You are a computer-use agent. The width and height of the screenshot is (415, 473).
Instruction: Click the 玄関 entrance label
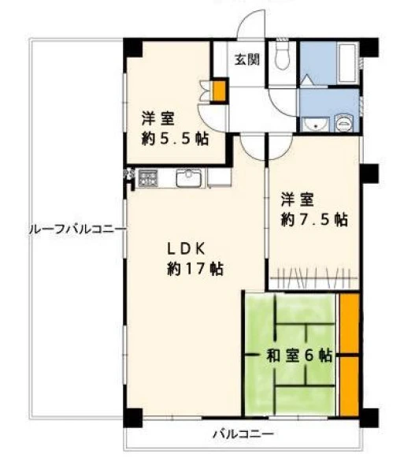coord(247,59)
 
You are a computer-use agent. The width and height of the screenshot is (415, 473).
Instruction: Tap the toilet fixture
coord(282,54)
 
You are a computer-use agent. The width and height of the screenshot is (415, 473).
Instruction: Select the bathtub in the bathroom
coord(347,63)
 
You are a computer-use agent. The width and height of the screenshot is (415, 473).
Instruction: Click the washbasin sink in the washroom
coord(315,124)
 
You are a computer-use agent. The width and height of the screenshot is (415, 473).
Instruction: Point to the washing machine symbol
coord(343,123)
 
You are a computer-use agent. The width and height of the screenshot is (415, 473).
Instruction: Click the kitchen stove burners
coord(148,178)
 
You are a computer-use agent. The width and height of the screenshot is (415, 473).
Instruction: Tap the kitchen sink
coord(189,178)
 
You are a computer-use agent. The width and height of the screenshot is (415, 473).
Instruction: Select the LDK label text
coord(187,249)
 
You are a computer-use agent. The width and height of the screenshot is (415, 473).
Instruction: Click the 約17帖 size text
coord(195,269)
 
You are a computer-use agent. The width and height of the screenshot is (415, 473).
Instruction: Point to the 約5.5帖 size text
coord(175,139)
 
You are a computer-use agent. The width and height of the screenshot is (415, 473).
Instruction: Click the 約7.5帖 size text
coord(314,220)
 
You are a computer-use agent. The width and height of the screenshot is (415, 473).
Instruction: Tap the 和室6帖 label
coord(299,356)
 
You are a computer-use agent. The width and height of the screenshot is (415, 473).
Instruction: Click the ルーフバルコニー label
coord(77,230)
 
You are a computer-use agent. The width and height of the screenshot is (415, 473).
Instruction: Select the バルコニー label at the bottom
coord(243,434)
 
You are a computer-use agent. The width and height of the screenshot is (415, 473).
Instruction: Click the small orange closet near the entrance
coord(219,91)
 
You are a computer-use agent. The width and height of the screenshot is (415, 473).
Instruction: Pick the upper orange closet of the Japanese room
coord(350,323)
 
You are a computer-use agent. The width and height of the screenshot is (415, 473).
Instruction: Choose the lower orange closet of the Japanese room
coord(350,386)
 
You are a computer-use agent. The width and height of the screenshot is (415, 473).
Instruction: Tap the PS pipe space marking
coord(129,174)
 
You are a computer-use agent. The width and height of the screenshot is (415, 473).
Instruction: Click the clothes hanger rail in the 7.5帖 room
coord(314,277)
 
